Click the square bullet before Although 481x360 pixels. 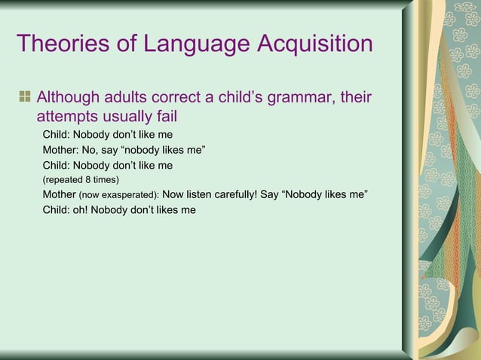25,97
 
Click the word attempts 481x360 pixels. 66,119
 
